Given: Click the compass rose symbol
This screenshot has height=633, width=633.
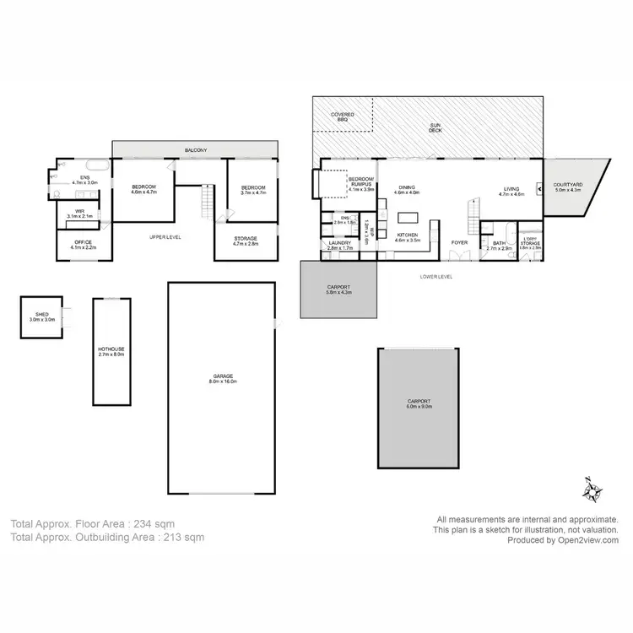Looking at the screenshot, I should click(x=594, y=490).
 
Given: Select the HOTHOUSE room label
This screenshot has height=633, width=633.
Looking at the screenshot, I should click(x=111, y=352).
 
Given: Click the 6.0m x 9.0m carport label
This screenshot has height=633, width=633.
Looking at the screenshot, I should click(x=419, y=403).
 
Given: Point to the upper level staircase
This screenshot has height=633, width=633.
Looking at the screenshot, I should click(x=205, y=201).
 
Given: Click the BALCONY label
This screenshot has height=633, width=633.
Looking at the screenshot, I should click(x=196, y=150).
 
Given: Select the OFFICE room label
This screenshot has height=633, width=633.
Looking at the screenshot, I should click(x=83, y=245).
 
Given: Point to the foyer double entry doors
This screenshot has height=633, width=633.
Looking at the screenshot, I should click(x=459, y=258).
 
